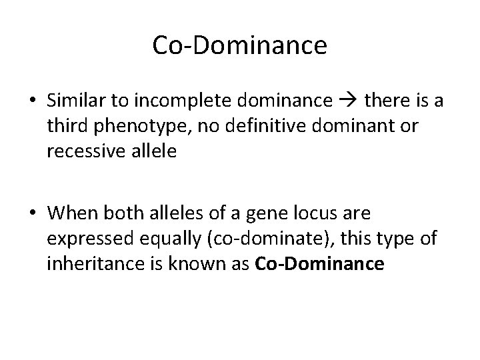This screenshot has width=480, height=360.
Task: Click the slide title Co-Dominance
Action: click(x=239, y=45)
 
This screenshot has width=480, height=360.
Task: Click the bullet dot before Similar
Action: click(x=32, y=101)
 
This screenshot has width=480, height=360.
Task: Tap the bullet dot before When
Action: click(x=32, y=214)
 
